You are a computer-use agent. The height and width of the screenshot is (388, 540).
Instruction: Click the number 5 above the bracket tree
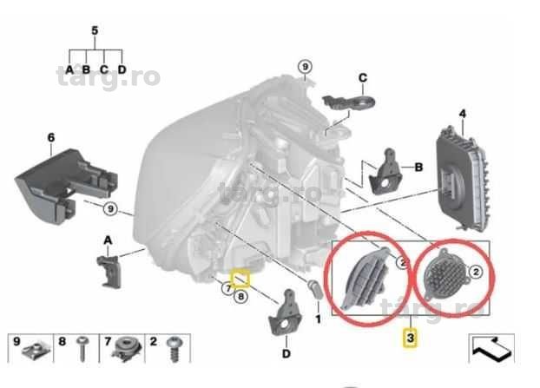point(95,30)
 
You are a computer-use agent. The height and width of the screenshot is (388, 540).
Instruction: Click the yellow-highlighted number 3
point(410,338)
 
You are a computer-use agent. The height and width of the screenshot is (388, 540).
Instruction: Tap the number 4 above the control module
point(463,114)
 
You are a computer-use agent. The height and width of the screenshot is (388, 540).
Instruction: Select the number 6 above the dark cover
point(51,138)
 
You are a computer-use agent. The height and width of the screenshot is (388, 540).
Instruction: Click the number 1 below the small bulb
point(319,319)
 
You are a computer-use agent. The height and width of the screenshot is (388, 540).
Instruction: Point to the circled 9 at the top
point(305,67)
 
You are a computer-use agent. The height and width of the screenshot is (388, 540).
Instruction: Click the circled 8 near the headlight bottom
point(240,296)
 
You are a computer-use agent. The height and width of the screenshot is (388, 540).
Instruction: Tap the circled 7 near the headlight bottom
point(227,288)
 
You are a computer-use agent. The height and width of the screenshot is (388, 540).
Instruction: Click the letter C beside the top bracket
point(363,78)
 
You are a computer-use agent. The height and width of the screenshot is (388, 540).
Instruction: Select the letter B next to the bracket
point(418,168)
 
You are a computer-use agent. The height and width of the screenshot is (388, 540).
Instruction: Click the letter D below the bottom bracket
point(286,353)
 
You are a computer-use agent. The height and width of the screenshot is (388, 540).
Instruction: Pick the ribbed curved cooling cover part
point(366,278)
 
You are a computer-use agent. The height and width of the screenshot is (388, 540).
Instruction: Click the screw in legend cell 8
point(82,349)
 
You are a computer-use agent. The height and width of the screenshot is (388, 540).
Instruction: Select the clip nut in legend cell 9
point(36,350)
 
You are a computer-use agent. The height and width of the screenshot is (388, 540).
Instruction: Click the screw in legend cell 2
point(174,349)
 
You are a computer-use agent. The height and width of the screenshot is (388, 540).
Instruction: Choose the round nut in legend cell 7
point(127,349)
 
